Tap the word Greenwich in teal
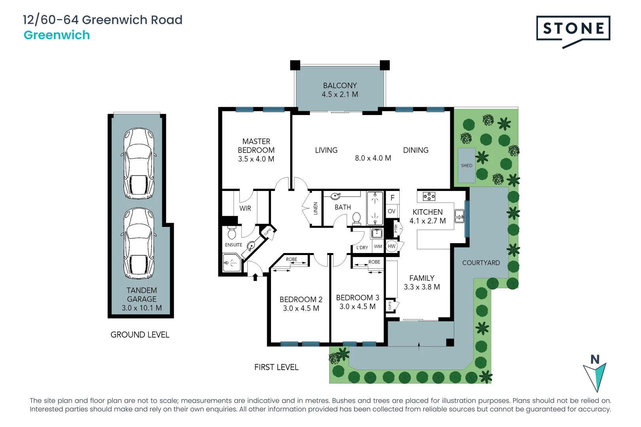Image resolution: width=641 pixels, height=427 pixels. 57,35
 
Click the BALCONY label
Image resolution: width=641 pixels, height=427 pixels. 339,85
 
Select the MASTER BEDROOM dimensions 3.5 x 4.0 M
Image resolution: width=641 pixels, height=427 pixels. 256,159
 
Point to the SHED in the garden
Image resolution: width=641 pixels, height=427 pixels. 467,165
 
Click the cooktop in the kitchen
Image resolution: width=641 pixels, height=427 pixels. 429,196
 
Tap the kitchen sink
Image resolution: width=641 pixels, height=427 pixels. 459,216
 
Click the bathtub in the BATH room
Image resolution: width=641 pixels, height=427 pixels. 375,208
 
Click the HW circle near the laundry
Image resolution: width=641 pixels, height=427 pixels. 392,246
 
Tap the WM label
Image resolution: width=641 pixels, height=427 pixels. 378,246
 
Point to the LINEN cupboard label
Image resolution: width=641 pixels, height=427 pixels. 316,208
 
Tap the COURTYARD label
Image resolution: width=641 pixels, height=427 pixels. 481,263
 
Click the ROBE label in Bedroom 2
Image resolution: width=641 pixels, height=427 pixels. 292,259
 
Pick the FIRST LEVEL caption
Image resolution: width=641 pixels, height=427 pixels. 276,367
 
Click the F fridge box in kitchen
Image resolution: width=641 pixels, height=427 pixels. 392,198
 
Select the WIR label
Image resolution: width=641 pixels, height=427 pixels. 245,208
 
